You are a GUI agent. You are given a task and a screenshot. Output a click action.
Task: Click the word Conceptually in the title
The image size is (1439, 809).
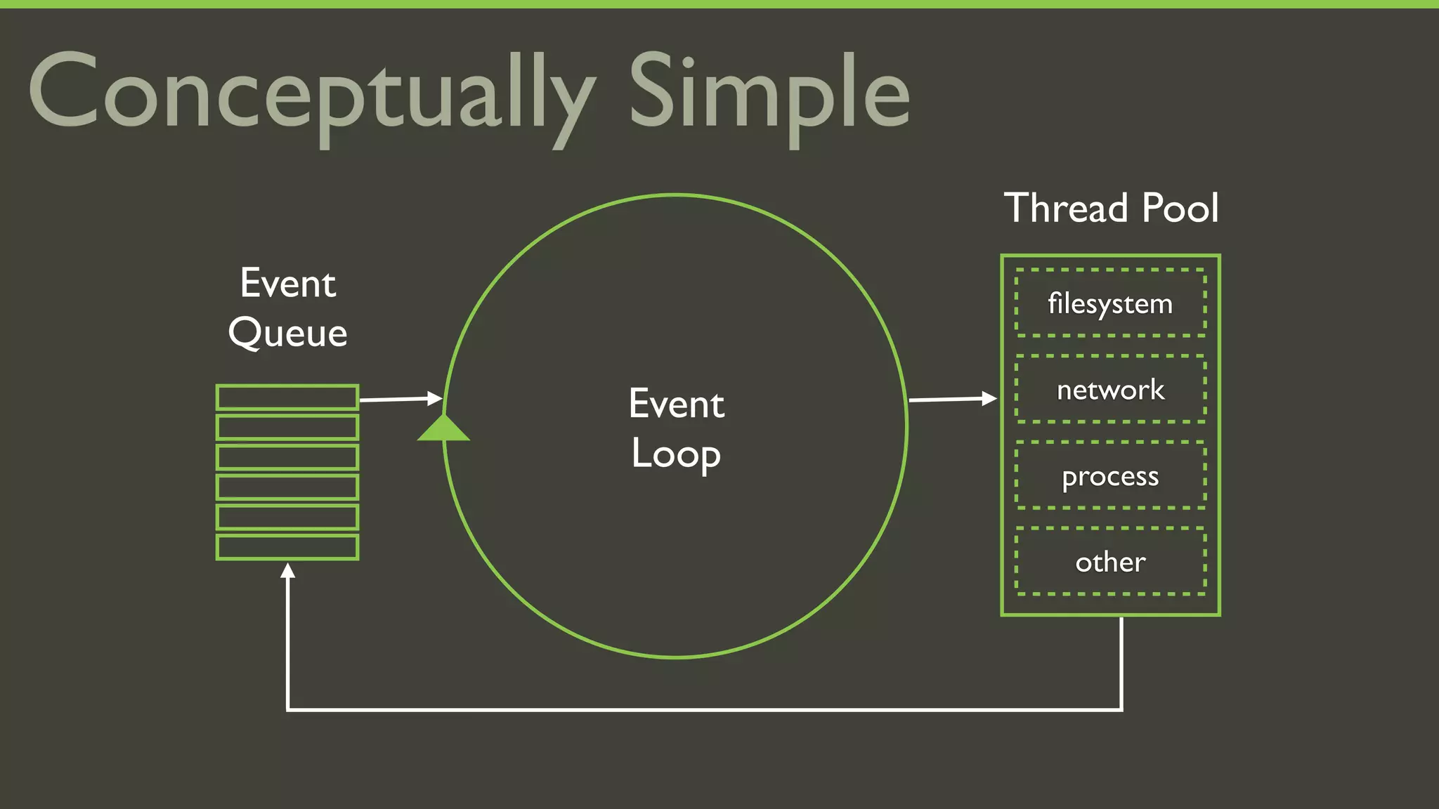pos(309,95)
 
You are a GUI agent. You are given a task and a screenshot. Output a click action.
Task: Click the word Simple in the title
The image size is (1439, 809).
pos(769,95)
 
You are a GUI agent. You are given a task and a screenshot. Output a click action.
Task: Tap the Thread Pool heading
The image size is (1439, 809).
pos(1111,208)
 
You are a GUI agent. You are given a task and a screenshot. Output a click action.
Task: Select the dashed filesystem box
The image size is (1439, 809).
pos(1110,303)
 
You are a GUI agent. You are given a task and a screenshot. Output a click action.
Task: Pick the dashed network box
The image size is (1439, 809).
pos(1110,390)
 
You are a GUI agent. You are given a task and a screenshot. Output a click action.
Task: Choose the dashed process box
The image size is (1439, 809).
pos(1110,476)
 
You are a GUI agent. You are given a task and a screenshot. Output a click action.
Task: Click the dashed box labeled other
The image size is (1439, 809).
pos(1110,562)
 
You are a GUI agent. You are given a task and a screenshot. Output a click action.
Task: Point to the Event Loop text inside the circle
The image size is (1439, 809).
pos(676,428)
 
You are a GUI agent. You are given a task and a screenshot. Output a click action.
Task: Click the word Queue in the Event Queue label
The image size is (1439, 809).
pos(287,333)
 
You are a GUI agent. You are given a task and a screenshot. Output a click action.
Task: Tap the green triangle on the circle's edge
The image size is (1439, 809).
pos(443,428)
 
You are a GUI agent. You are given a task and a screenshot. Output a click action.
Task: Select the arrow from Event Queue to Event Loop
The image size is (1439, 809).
pos(401,399)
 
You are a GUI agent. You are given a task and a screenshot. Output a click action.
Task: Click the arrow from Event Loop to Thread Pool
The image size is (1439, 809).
pos(952,399)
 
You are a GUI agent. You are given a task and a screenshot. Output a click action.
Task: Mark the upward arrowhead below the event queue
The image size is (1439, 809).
pos(287,571)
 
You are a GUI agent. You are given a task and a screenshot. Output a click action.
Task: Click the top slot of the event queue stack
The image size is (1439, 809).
pos(287,397)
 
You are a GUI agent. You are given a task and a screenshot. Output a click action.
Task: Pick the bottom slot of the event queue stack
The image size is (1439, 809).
pos(287,547)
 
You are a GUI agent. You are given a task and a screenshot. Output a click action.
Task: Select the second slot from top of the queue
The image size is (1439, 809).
pos(287,427)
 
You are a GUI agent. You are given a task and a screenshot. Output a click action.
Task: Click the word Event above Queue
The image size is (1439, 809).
pos(287,284)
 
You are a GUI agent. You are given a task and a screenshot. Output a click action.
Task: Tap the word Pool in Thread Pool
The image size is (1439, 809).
pos(1180,208)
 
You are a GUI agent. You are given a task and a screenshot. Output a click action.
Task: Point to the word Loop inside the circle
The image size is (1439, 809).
pos(676,454)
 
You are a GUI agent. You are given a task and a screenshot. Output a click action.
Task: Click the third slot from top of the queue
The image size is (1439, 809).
pos(287,457)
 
